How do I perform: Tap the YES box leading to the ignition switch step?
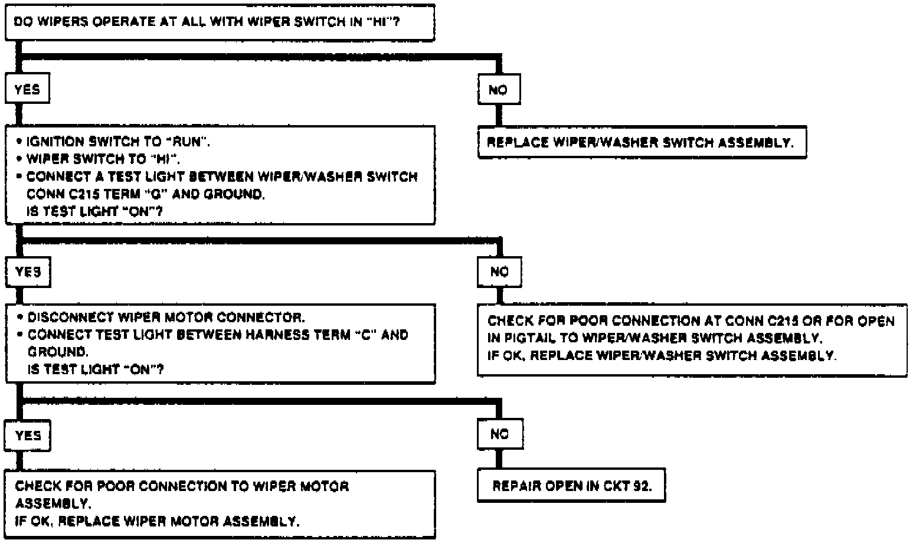pos(27,90)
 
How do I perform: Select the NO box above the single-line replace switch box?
pos(499,90)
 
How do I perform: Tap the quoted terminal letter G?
pos(143,194)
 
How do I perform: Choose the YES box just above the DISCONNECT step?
pos(28,271)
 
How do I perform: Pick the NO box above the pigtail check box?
pos(499,271)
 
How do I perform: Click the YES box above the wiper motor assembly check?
pos(28,436)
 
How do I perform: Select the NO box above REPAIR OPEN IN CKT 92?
pos(499,434)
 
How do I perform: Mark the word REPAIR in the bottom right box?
pos(517,487)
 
